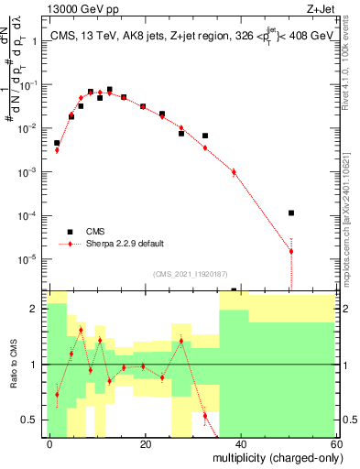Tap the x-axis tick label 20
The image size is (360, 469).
tap(146, 442)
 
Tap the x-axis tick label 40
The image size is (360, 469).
tap(242, 442)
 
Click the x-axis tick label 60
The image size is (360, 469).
tap(337, 442)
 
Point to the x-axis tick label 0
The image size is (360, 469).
tap(50, 442)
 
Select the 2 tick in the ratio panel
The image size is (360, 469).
tap(38, 309)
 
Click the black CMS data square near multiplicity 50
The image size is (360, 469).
tap(290, 213)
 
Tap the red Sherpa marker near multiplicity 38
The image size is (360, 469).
tap(234, 171)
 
